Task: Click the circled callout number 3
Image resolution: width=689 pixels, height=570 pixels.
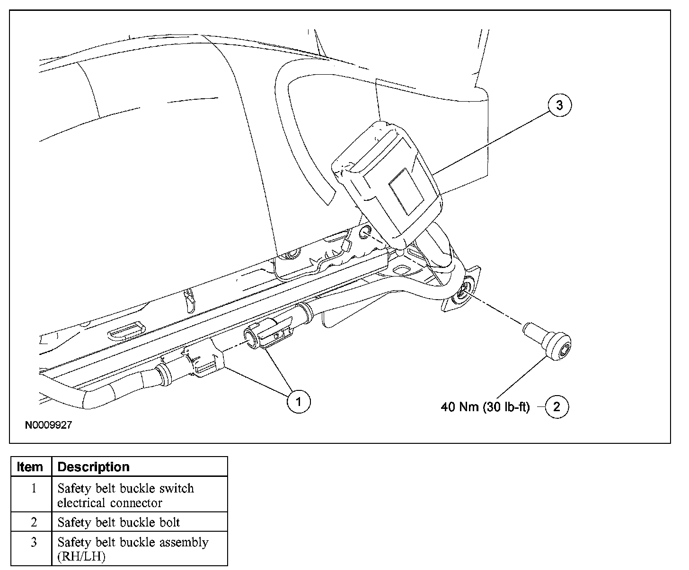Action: (560, 105)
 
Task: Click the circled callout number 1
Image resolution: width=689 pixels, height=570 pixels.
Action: (299, 402)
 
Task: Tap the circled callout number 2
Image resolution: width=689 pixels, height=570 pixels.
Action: (556, 406)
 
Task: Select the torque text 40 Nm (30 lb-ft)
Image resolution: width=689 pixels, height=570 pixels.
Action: (486, 407)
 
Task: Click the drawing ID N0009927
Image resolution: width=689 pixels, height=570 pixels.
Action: (48, 425)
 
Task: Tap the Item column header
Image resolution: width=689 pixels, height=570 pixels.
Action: (29, 467)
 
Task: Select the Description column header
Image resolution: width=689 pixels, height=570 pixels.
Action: (93, 467)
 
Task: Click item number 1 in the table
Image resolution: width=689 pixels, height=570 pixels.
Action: (34, 488)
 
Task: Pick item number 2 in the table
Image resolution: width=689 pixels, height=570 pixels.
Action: (34, 522)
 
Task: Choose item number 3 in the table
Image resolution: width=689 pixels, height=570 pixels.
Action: (34, 542)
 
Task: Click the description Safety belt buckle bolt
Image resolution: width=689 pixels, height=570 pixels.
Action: (119, 522)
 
